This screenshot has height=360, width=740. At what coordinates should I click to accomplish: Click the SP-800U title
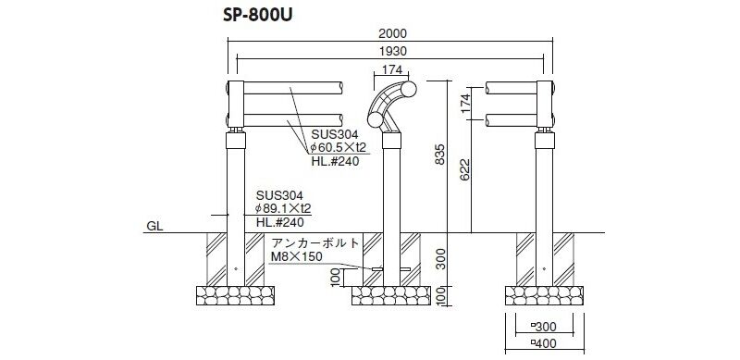[258, 16]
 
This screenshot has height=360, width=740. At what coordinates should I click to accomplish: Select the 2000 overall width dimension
[392, 33]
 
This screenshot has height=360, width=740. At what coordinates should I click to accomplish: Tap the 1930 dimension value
[392, 51]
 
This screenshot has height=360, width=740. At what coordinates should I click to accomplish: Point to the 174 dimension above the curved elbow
[392, 69]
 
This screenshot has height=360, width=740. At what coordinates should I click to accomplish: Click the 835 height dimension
[439, 155]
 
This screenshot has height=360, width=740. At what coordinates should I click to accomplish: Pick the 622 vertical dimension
[465, 170]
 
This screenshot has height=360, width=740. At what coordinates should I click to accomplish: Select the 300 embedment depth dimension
[440, 258]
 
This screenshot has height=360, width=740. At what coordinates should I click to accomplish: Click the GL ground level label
[154, 227]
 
